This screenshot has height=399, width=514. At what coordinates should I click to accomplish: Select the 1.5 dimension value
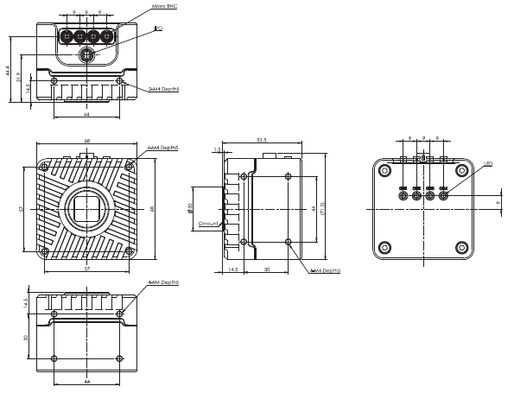click(216, 149)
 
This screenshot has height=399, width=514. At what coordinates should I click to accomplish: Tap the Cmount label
click(208, 224)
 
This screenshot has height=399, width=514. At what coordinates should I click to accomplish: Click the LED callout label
click(488, 162)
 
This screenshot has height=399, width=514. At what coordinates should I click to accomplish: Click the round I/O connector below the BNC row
click(86, 54)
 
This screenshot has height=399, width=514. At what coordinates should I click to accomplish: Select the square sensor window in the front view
click(86, 207)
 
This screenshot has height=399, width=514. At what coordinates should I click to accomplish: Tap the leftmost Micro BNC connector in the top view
click(66, 37)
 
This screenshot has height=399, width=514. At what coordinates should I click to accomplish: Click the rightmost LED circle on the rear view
click(443, 194)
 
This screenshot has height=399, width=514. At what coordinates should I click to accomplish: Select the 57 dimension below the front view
click(86, 269)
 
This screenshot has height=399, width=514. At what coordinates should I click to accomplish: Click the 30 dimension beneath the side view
click(266, 270)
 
